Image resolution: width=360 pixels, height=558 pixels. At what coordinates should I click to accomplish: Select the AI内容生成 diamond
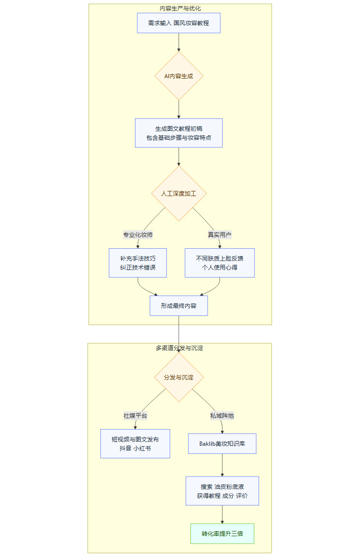pos(179,76)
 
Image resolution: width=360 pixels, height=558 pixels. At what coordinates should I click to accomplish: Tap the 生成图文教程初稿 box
pos(179,133)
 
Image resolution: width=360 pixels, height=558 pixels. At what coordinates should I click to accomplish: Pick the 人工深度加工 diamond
pos(179,193)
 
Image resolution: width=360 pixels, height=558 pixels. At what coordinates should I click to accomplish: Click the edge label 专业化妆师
pos(138,234)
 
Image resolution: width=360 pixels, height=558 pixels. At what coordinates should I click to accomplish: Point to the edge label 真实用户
pos(219,234)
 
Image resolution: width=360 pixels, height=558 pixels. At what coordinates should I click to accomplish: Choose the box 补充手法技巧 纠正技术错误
pos(138,262)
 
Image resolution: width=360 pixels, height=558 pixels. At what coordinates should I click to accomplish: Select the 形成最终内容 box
pos(179,306)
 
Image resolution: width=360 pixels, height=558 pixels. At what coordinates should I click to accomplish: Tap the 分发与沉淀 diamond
pos(179,378)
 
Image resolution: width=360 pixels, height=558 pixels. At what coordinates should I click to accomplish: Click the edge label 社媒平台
pos(135,415)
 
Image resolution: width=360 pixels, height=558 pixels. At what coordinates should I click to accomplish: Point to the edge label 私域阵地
pos(222,415)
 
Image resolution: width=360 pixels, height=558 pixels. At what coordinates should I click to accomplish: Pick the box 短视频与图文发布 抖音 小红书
pos(135,443)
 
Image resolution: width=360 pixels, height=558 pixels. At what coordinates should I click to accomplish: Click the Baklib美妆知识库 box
pos(222,443)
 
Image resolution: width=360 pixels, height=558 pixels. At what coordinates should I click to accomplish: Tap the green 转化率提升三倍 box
pos(222,533)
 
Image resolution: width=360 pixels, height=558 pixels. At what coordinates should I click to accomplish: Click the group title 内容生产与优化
pos(180,9)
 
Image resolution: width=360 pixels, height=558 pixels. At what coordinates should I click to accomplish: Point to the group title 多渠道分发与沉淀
pos(180,348)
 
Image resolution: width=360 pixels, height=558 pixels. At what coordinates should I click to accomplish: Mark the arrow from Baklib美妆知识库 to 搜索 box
pos(222,465)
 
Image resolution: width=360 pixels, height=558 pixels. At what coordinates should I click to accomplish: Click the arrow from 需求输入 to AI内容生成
pos(179,43)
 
